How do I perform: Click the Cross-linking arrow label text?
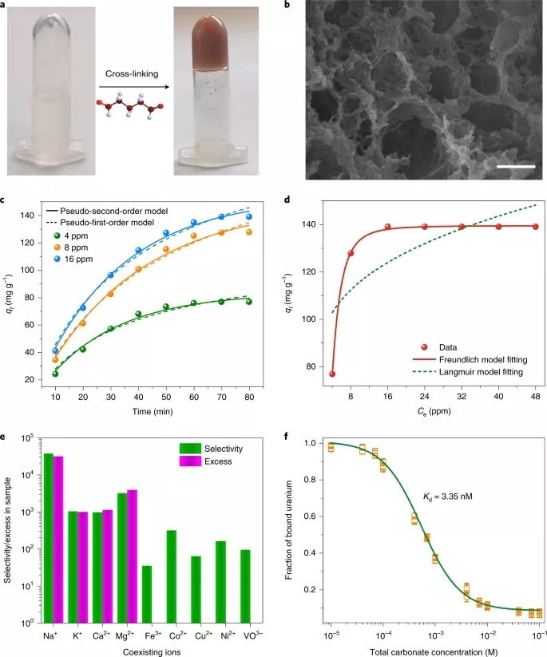[134, 73]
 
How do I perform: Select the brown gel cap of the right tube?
[210, 34]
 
